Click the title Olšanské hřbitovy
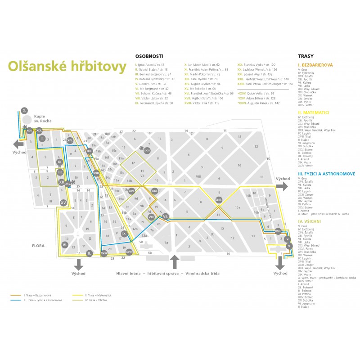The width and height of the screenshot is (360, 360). coord(67,66)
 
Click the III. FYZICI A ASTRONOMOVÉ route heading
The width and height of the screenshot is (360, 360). coord(327,173)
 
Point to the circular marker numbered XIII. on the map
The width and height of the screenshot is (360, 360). coord(219,199)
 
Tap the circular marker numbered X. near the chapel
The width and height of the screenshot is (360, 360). coord(25,110)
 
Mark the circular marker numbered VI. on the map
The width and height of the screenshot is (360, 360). coord(65,244)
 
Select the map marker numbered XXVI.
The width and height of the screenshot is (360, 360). coord(147,151)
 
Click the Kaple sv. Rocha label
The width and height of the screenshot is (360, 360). coord(43,118)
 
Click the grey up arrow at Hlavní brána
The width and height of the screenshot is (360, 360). coord(175,262)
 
